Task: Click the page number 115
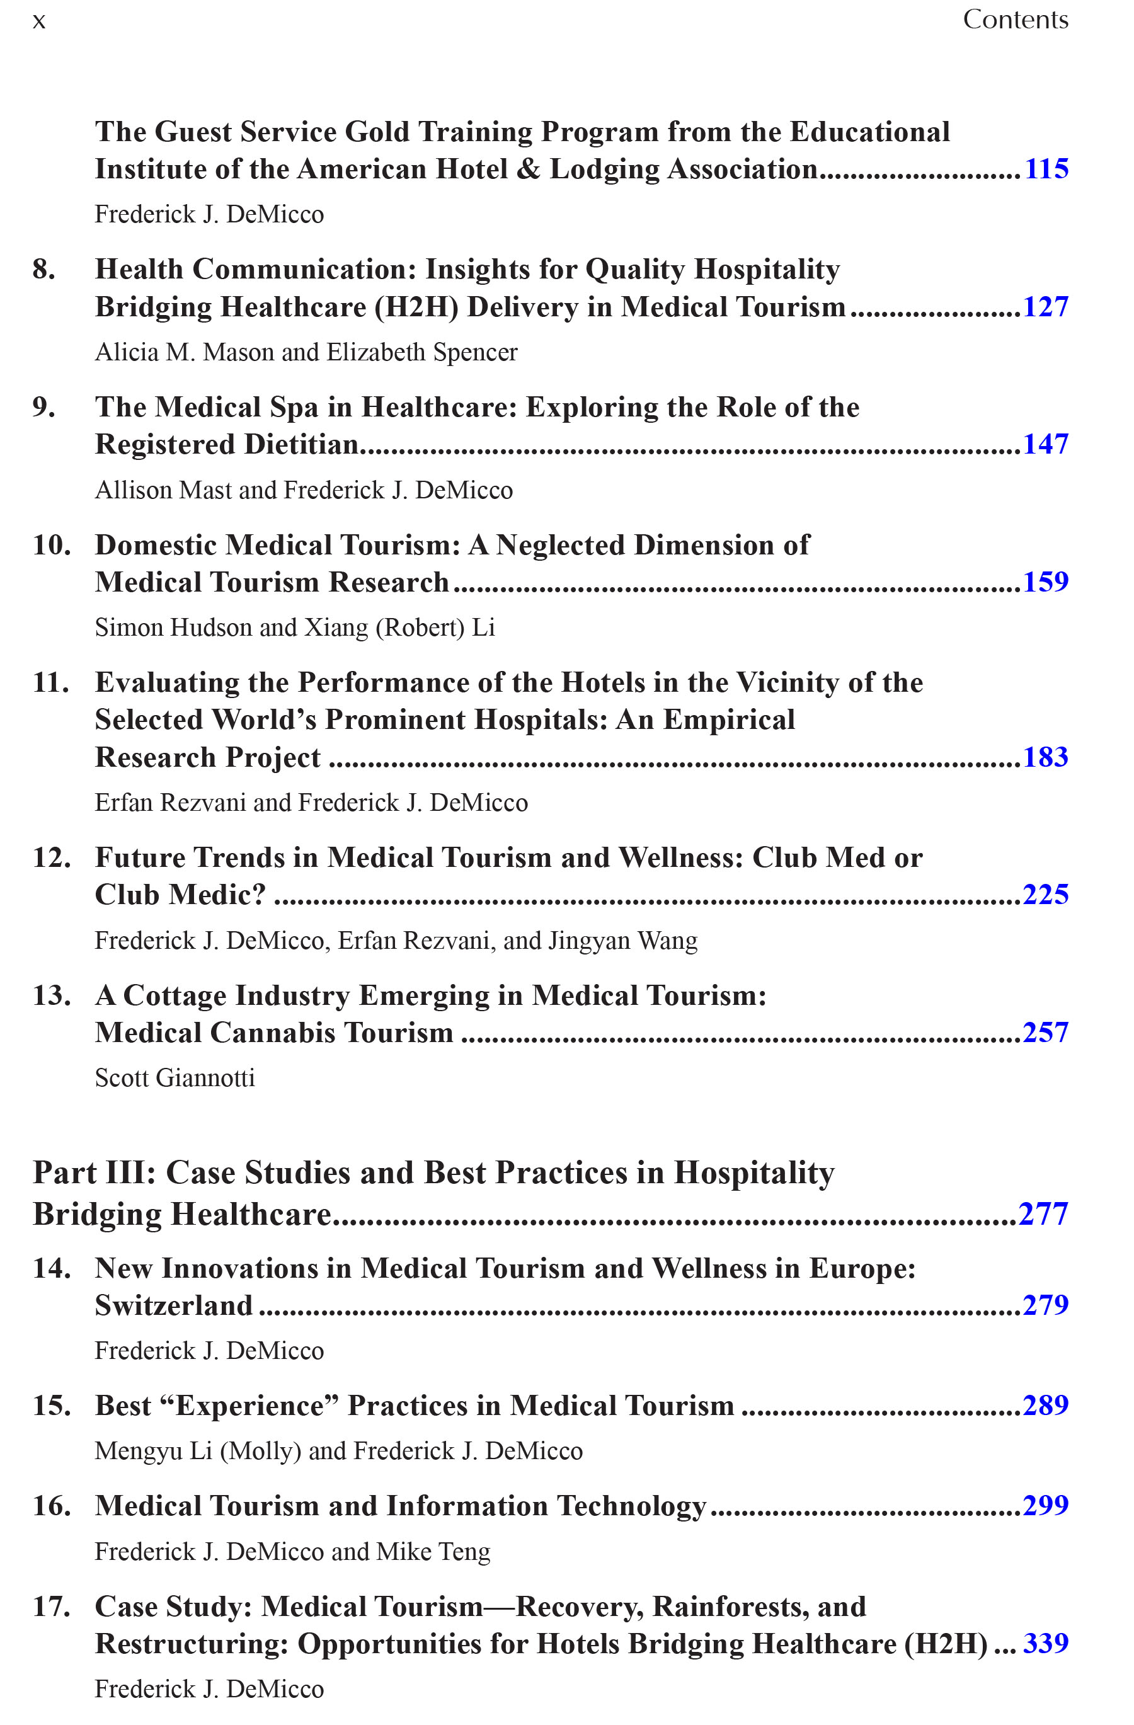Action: click(x=1046, y=169)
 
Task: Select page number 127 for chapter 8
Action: click(x=1045, y=307)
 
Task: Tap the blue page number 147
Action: click(x=1045, y=444)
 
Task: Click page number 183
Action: click(x=1045, y=757)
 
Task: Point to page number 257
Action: click(x=1045, y=1033)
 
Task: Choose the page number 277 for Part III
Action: click(x=1043, y=1214)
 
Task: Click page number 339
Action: click(x=1045, y=1644)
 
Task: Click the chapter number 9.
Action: click(x=43, y=408)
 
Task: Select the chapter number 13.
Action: click(x=52, y=996)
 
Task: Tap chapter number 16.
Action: click(x=52, y=1506)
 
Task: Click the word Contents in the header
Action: click(x=1015, y=20)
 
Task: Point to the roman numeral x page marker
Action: click(x=39, y=21)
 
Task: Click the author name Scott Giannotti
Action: click(x=175, y=1078)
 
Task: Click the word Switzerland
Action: click(x=174, y=1305)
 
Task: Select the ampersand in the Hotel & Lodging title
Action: click(x=528, y=169)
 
